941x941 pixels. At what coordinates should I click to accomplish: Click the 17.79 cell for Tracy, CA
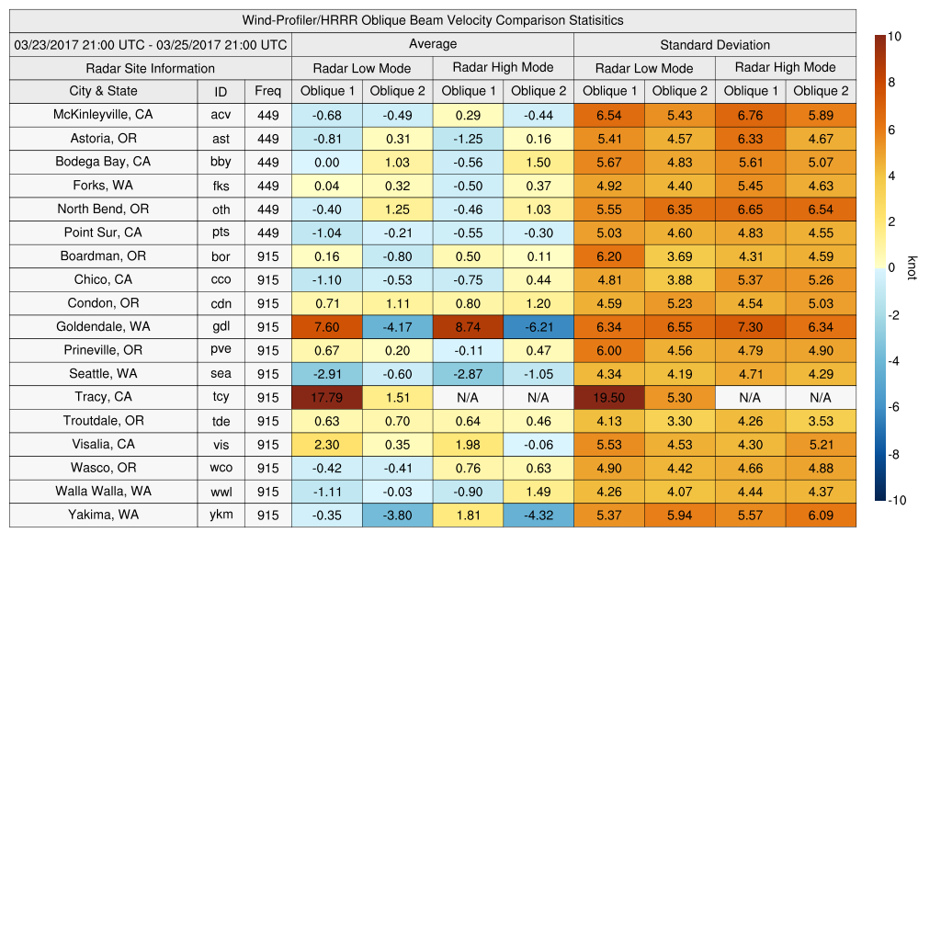(326, 397)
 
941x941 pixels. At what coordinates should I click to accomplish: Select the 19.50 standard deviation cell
(608, 397)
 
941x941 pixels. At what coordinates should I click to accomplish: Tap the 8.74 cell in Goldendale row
(468, 327)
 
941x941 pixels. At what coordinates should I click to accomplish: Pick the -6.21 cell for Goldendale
(538, 327)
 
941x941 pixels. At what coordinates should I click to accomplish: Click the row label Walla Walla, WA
(103, 492)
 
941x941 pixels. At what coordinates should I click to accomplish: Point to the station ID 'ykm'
(221, 515)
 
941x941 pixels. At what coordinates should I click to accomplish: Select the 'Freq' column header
(267, 91)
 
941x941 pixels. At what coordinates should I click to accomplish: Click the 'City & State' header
(103, 91)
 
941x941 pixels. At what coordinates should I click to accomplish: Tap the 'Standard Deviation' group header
(714, 45)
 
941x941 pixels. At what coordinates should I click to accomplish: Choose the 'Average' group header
(432, 44)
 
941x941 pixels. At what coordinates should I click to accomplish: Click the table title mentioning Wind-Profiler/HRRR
(432, 20)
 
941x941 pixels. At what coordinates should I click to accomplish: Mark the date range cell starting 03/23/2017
(151, 44)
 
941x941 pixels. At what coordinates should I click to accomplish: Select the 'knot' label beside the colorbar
(912, 267)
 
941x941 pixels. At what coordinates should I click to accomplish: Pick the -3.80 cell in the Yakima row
(397, 516)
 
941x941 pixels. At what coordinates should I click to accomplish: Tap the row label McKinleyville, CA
(103, 115)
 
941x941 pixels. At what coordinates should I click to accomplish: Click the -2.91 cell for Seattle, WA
(326, 374)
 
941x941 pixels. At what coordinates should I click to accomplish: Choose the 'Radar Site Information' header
(151, 68)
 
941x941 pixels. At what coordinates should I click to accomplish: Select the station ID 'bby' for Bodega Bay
(221, 162)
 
